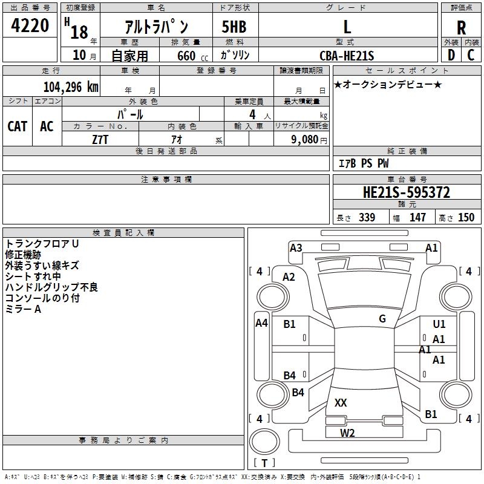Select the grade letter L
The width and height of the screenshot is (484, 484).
pyautogui.click(x=347, y=27)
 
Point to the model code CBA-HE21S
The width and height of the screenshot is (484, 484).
pyautogui.click(x=347, y=56)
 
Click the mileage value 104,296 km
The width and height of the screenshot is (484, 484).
pyautogui.click(x=70, y=87)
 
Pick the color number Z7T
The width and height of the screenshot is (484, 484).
pyautogui.click(x=100, y=139)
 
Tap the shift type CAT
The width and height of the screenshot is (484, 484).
pyautogui.click(x=18, y=126)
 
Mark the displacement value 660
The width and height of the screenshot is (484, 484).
pyautogui.click(x=186, y=56)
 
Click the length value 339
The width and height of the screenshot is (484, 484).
pyautogui.click(x=367, y=217)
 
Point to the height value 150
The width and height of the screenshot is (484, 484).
pyautogui.click(x=466, y=217)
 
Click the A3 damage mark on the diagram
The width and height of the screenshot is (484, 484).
pyautogui.click(x=296, y=247)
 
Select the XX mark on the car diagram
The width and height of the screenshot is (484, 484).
pyautogui.click(x=341, y=402)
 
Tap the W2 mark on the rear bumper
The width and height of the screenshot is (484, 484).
pyautogui.click(x=347, y=432)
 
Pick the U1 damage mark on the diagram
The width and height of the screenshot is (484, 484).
pyautogui.click(x=439, y=324)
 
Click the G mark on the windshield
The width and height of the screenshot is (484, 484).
pyautogui.click(x=382, y=319)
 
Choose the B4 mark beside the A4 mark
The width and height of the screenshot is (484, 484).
pyautogui.click(x=290, y=376)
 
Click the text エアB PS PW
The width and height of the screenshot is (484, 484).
pyautogui.click(x=363, y=163)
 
